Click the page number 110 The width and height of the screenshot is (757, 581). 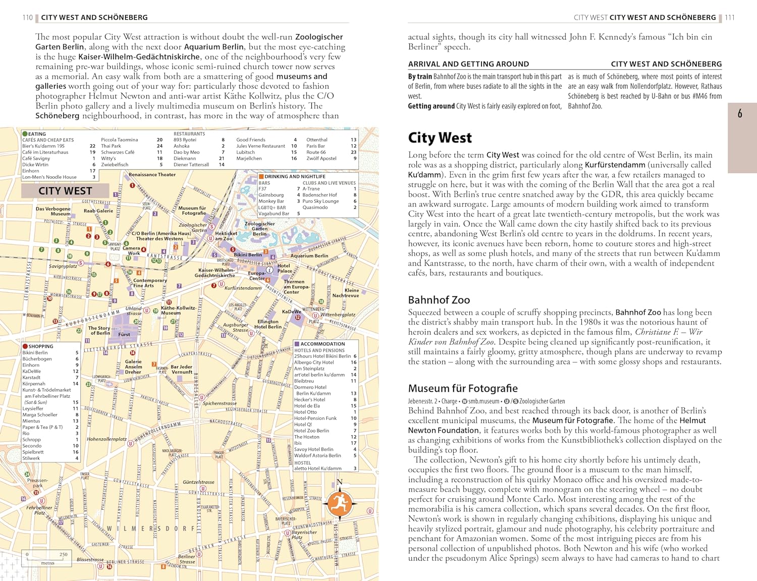point(27,17)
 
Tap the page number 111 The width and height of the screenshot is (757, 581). point(730,17)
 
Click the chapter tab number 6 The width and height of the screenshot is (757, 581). point(740,114)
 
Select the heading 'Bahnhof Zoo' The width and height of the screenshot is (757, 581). point(439,300)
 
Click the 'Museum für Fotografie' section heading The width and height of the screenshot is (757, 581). point(463,388)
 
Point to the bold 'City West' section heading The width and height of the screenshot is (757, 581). point(440,138)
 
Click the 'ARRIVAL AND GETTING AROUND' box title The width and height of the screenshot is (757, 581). point(468,64)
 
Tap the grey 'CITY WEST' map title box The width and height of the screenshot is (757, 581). point(65,191)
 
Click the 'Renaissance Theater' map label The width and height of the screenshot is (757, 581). point(152,175)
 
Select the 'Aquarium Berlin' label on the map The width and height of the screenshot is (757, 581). point(309,256)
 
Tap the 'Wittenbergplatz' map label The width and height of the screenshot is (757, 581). point(338,314)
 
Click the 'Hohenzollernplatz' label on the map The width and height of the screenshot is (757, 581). point(106,439)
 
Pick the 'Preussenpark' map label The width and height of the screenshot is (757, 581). point(38,483)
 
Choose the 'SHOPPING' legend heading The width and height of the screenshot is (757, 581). point(40,346)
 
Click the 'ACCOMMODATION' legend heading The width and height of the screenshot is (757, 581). point(322,344)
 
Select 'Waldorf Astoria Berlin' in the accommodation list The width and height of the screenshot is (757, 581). point(317,455)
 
